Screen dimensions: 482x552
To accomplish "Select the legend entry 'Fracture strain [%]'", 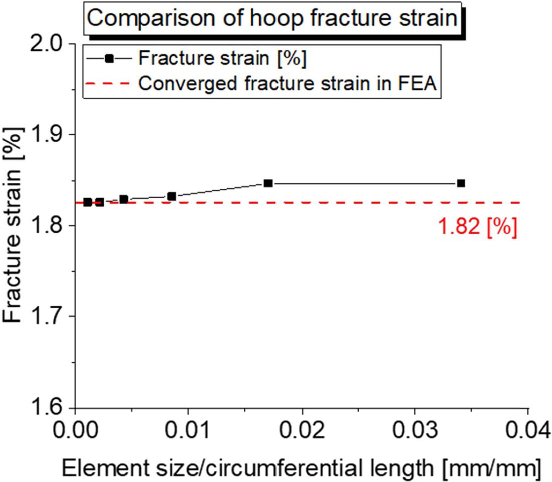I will [x=222, y=58].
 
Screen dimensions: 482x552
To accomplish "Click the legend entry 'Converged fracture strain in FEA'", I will [x=288, y=83].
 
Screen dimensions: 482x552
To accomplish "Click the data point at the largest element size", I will [x=461, y=183].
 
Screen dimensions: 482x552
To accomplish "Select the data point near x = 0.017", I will [x=268, y=183].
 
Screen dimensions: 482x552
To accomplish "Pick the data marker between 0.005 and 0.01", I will [x=172, y=196].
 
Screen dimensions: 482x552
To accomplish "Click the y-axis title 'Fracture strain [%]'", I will [x=14, y=226].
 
